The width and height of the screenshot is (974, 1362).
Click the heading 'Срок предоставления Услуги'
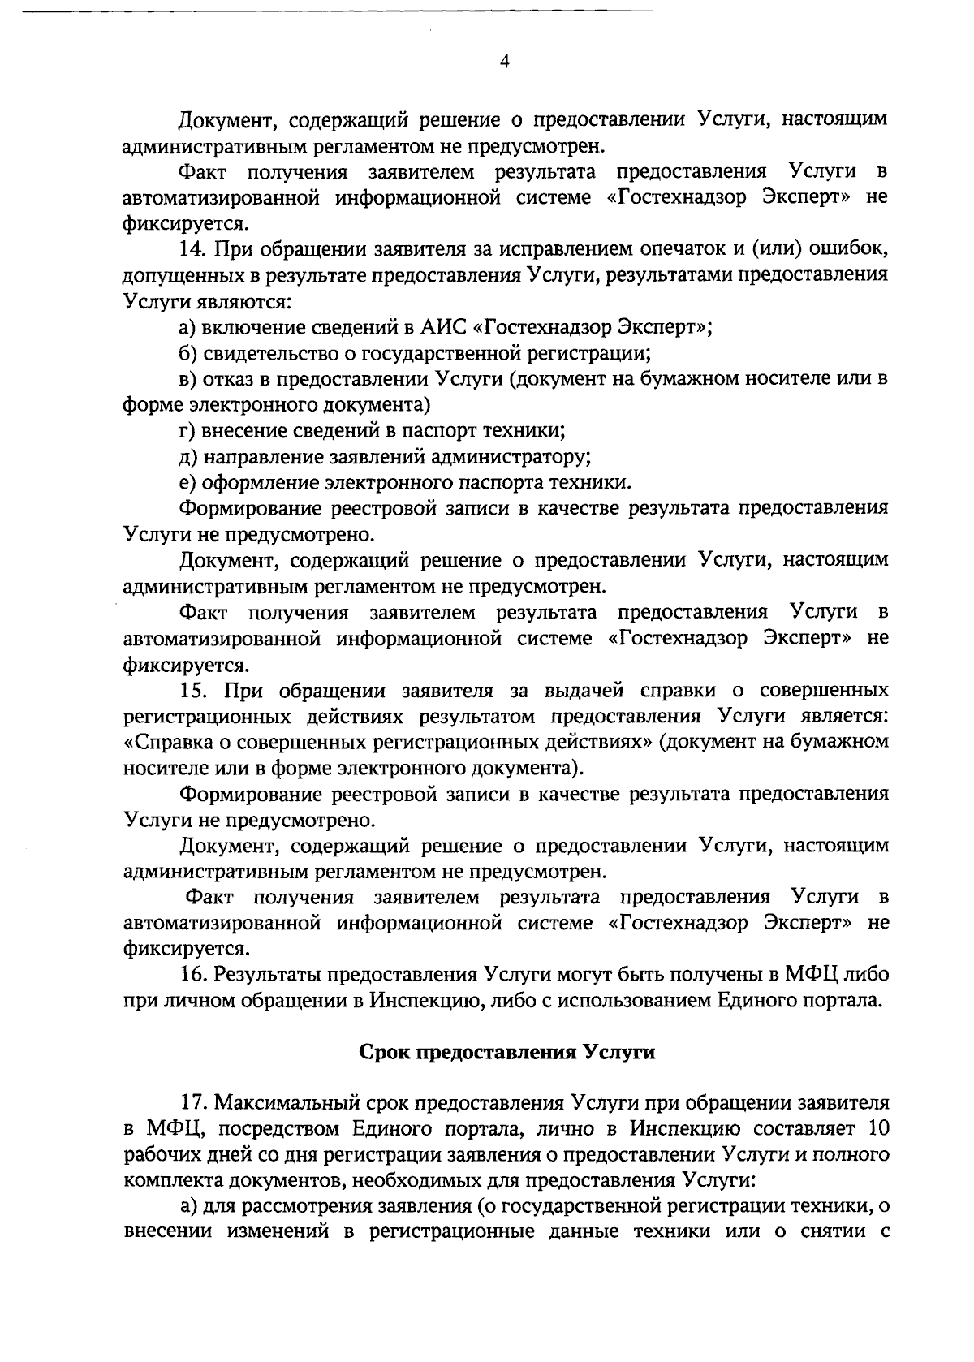[506, 1052]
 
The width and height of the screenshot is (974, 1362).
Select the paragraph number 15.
[194, 690]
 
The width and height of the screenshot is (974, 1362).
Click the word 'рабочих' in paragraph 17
[162, 1154]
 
